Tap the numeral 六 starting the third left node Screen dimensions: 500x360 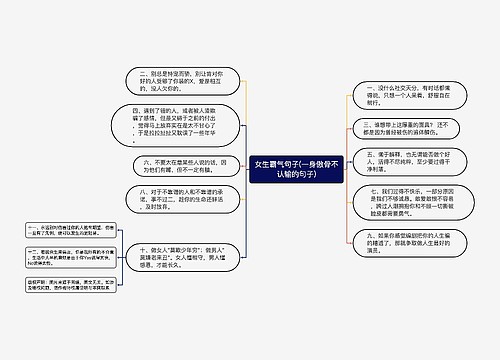[146, 162]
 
